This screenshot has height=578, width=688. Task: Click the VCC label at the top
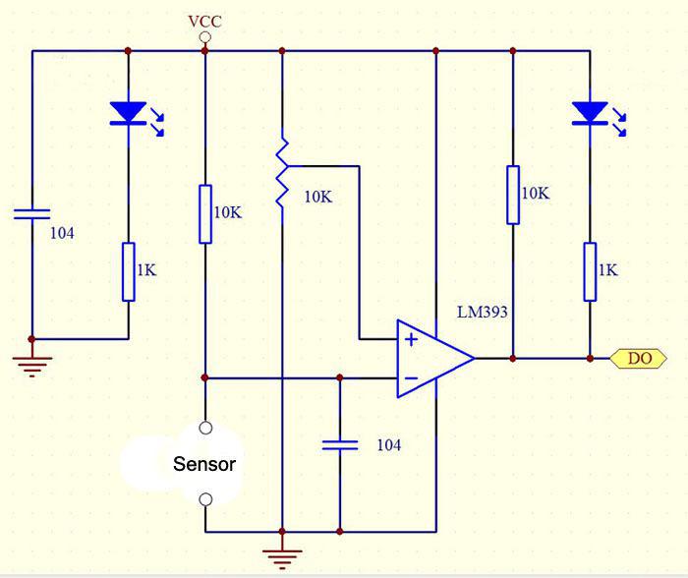(204, 22)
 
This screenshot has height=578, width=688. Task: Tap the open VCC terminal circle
(204, 37)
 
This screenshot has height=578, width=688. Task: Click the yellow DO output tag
(639, 359)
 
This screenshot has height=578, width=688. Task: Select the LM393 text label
(483, 312)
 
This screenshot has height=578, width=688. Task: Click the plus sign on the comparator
(411, 340)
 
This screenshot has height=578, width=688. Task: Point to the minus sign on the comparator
(411, 378)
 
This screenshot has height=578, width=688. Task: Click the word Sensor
(204, 464)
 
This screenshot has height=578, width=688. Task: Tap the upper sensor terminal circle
(205, 428)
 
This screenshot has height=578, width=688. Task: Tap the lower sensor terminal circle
(205, 499)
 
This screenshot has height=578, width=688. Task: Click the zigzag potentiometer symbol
(282, 172)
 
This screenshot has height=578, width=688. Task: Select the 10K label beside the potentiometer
(318, 197)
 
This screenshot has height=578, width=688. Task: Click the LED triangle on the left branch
(128, 113)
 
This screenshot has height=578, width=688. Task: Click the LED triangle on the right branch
(590, 113)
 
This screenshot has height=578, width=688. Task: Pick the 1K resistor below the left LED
(128, 271)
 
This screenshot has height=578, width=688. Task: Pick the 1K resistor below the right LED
(590, 271)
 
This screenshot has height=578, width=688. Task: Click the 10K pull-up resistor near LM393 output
(513, 195)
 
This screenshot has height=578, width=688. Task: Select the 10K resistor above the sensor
(205, 214)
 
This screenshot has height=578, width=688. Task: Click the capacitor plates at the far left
(32, 214)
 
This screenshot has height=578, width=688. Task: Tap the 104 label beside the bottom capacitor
(389, 445)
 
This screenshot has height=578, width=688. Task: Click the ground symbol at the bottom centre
(282, 558)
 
